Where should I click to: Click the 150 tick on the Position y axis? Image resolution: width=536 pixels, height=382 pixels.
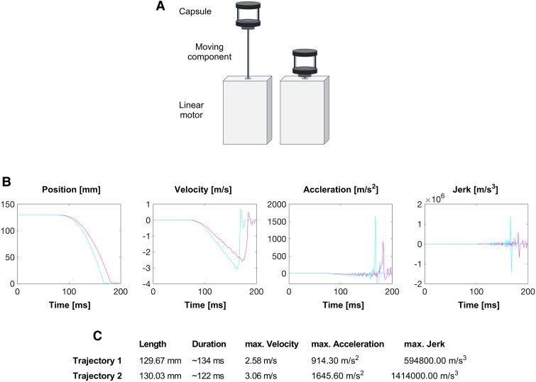(8, 204)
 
